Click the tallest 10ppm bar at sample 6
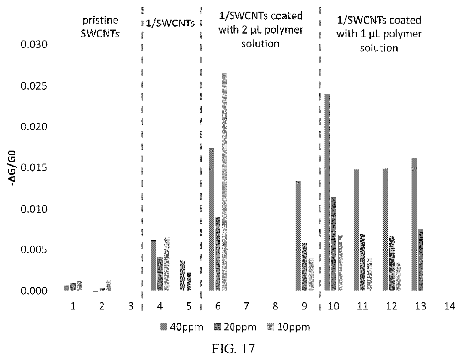pos(225,182)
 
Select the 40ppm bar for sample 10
pos(327,192)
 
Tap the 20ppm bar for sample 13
pos(421,260)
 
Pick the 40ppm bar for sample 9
pos(298,236)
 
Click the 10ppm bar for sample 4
pos(167,264)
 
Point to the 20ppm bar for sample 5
pos(189,282)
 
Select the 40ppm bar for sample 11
pos(356,230)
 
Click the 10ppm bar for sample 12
pos(398,277)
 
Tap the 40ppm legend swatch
pos(163,327)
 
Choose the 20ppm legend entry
pos(235,327)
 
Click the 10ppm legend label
pos(294,327)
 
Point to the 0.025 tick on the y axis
pos(34,86)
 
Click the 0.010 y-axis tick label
pos(34,209)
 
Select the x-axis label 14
pos(449,306)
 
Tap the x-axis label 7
pos(246,306)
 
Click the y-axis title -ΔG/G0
pos(13,168)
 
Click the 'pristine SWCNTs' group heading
pos(100,27)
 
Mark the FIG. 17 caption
pos(233,348)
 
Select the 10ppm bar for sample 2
pos(109,285)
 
